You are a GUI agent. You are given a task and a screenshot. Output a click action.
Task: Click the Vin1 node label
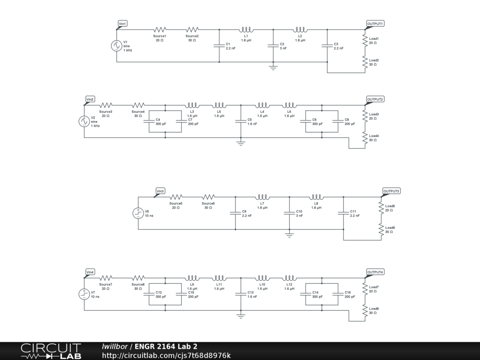[x=122, y=23]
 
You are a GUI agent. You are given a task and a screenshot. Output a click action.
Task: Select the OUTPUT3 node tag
[x=391, y=191]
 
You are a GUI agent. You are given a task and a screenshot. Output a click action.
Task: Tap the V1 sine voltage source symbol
[x=117, y=46]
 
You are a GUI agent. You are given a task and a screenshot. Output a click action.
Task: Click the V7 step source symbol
[x=84, y=294]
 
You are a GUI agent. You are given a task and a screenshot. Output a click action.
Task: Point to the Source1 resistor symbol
[x=160, y=30]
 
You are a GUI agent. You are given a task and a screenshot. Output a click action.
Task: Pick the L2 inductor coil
[x=300, y=29]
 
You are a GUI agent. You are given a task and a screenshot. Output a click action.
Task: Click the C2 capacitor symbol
[x=273, y=46]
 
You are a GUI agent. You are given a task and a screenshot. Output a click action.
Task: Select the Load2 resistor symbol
[x=365, y=62]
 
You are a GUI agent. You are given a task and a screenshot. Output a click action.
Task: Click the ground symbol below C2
[x=273, y=67]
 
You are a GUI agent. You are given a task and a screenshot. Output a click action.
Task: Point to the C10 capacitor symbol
[x=290, y=213]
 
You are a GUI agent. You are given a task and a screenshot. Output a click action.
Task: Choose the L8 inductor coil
[x=316, y=197]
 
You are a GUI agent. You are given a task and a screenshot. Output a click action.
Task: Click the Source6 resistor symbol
[x=209, y=197]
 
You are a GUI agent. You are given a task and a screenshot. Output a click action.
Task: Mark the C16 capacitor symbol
[x=338, y=294]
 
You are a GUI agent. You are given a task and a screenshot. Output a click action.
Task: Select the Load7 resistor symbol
[x=365, y=288]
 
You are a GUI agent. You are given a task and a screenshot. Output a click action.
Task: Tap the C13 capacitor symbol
[x=241, y=294]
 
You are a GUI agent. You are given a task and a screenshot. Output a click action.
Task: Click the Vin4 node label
[x=90, y=272]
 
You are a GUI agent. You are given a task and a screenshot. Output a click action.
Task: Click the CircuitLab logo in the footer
[x=51, y=351]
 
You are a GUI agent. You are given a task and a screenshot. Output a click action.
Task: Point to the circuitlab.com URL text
[x=166, y=356]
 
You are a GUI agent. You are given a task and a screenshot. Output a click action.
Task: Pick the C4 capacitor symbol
[x=149, y=121]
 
